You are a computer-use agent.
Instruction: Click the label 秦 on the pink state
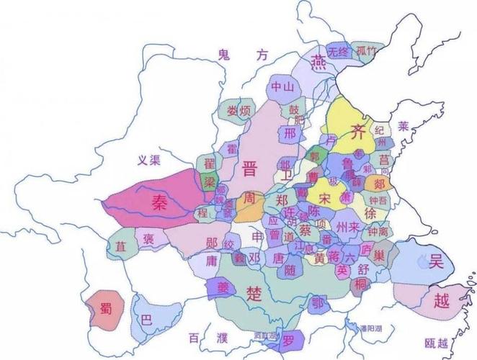(159, 203)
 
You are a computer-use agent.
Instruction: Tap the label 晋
(250, 170)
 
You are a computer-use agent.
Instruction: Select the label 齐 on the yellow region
(357, 130)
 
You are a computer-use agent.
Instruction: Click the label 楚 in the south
(254, 293)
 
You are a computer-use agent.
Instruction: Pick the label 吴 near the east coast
(437, 263)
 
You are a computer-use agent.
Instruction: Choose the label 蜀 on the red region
(106, 310)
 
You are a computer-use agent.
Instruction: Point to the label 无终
(337, 52)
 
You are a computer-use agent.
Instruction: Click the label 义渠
(149, 161)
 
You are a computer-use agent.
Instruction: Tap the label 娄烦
(239, 112)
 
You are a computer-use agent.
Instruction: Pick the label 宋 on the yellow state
(325, 197)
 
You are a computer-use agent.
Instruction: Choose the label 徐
(370, 214)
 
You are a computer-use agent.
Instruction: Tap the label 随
(290, 271)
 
